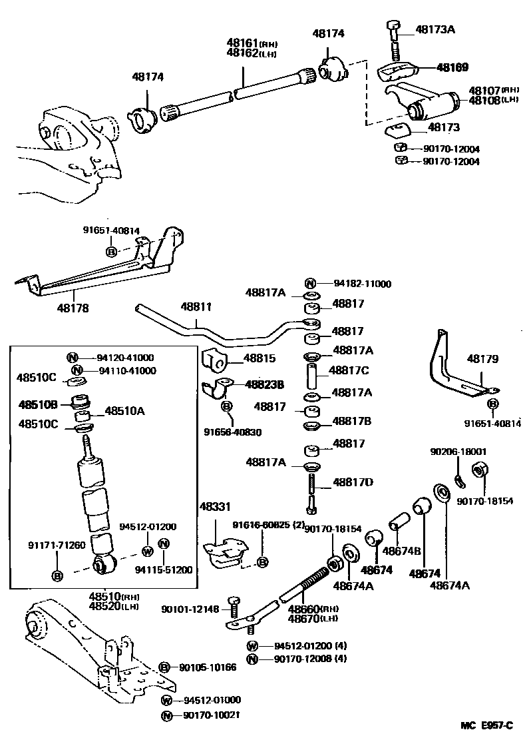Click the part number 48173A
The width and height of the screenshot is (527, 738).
click(x=436, y=29)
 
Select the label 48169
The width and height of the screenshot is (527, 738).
click(x=452, y=67)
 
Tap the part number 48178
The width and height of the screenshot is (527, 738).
click(x=73, y=308)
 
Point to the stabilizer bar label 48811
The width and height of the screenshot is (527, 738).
click(x=196, y=307)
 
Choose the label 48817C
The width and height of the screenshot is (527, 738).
click(x=352, y=370)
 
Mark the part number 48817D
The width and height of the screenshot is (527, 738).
click(x=353, y=482)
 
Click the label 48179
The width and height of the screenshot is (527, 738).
click(x=482, y=359)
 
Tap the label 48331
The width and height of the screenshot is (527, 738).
click(x=214, y=507)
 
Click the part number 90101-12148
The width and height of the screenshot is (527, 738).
click(x=190, y=609)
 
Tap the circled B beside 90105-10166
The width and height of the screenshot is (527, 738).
click(x=166, y=667)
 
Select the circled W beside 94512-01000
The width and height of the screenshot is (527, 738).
click(x=167, y=700)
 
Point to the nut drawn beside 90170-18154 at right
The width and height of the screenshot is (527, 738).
click(x=477, y=471)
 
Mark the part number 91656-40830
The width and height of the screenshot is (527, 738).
click(x=232, y=432)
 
